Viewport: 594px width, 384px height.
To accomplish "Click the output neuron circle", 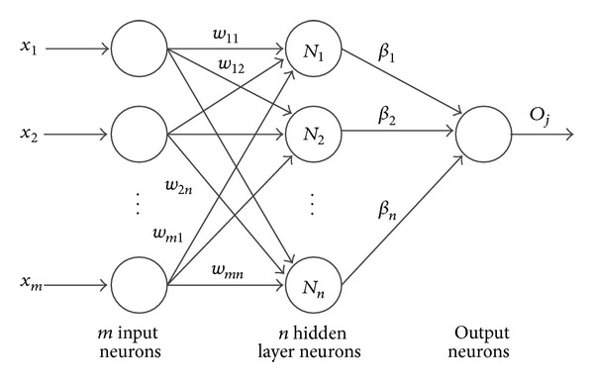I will pyautogui.click(x=480, y=132).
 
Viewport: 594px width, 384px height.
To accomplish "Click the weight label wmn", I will pyautogui.click(x=229, y=268).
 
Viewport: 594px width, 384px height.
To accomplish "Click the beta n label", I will pyautogui.click(x=386, y=210).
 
